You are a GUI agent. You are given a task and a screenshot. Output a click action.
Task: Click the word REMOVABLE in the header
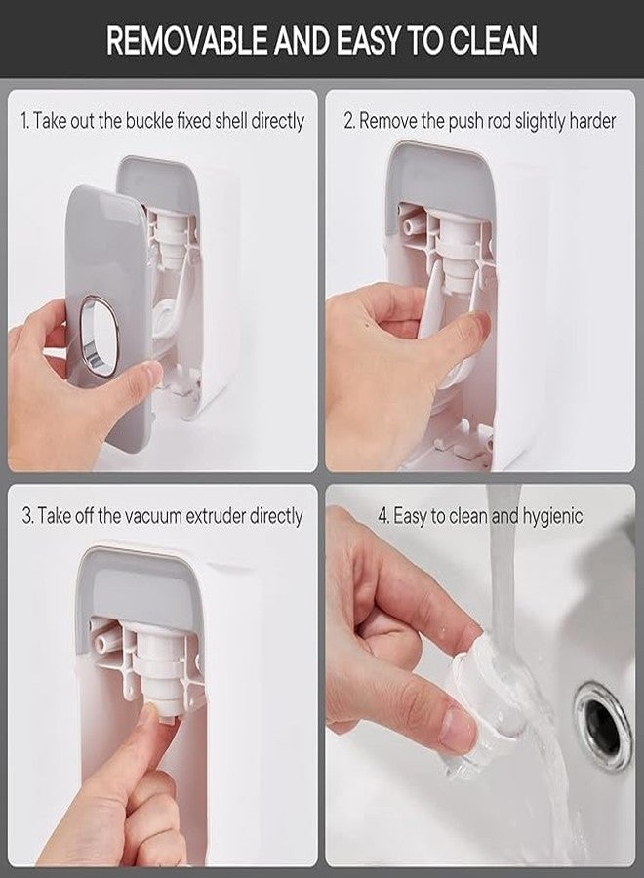[187, 40]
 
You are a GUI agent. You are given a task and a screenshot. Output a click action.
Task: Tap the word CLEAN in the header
[494, 40]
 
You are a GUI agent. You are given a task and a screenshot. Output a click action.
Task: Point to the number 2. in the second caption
[349, 121]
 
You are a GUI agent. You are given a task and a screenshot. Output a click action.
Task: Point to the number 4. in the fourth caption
[383, 516]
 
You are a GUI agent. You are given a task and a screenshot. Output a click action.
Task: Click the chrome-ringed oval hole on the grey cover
[100, 336]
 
